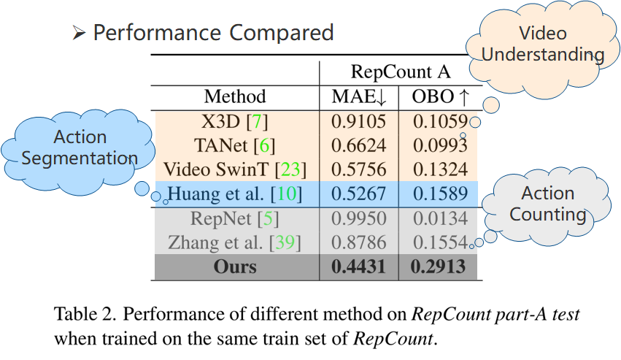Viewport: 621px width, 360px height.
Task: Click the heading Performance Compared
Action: click(212, 33)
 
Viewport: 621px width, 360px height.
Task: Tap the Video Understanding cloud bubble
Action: click(543, 44)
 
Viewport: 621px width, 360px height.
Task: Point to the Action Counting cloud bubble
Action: click(548, 204)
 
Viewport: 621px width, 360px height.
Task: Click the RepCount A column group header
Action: click(401, 72)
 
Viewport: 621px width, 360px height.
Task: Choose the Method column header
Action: click(235, 96)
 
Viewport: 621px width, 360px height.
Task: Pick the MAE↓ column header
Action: click(358, 96)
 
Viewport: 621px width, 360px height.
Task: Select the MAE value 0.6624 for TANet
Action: click(358, 145)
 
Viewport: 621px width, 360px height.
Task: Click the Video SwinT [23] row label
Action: click(235, 169)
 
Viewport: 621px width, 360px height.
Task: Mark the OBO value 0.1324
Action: click(438, 169)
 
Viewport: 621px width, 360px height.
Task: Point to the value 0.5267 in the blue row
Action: click(358, 194)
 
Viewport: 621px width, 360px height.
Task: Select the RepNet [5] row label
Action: click(235, 218)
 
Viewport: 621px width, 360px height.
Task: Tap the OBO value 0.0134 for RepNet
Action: click(438, 218)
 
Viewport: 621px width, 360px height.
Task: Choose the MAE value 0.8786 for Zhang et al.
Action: click(358, 242)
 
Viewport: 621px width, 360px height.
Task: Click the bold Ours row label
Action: click(235, 267)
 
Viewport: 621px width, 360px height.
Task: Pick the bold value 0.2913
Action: click(438, 267)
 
